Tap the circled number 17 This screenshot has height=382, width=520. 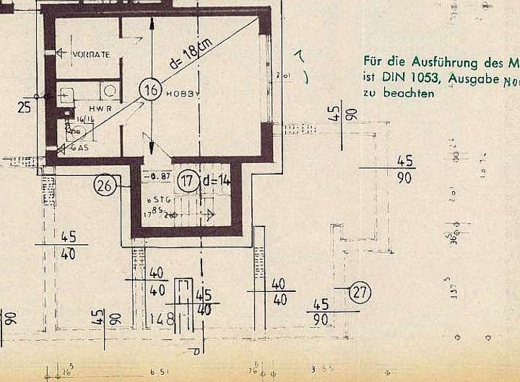(x=188, y=180)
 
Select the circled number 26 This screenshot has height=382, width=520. (x=105, y=186)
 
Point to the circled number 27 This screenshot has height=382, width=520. (x=360, y=293)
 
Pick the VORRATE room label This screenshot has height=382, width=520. (x=91, y=55)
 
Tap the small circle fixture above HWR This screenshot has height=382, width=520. (x=110, y=90)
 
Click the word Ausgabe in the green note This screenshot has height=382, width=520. (x=473, y=77)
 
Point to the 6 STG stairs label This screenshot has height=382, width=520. (x=157, y=198)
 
